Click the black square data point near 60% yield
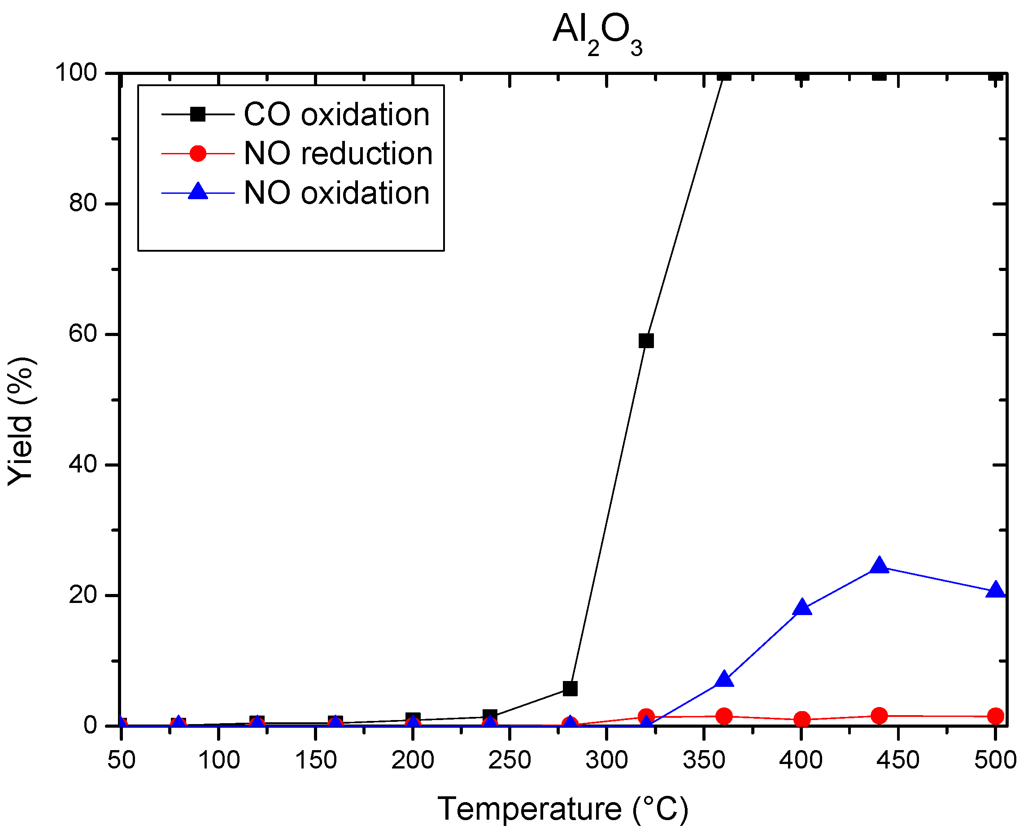[646, 341]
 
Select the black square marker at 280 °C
[570, 689]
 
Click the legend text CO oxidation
[336, 115]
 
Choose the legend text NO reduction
[338, 154]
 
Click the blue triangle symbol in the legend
[198, 192]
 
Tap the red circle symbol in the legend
[198, 154]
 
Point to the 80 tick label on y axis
[83, 204]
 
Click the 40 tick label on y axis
[83, 465]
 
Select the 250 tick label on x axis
[509, 760]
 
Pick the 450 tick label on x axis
[897, 760]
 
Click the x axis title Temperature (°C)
[563, 809]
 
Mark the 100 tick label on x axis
[218, 760]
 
